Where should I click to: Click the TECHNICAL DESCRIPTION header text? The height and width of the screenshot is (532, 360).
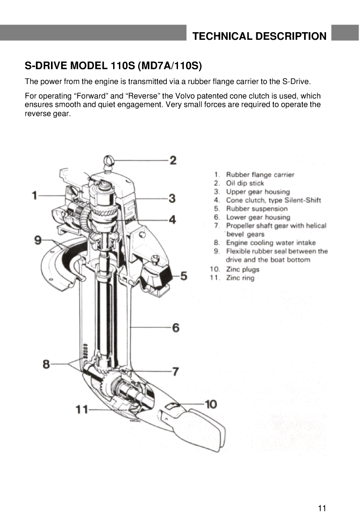(x=259, y=36)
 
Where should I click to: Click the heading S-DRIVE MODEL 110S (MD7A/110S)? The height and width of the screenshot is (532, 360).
(x=114, y=67)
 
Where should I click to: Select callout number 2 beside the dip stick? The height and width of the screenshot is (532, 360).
(x=173, y=160)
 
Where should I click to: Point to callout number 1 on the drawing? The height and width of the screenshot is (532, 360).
(x=35, y=195)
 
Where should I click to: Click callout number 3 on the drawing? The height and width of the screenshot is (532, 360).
(x=172, y=198)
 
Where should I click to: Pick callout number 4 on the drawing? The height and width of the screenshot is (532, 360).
(x=172, y=220)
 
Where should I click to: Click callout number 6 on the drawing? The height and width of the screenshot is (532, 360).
(x=175, y=328)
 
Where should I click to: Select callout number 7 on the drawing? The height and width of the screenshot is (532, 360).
(x=175, y=371)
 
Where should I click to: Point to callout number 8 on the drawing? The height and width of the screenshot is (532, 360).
(x=46, y=364)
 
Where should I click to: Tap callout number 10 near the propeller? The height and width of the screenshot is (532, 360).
(x=210, y=404)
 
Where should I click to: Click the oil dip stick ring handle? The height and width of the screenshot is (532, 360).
(x=109, y=160)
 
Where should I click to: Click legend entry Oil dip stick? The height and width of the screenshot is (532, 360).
(x=245, y=183)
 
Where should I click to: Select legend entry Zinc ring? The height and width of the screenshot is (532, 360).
(x=240, y=278)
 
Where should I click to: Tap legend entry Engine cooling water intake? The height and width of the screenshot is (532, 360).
(x=271, y=243)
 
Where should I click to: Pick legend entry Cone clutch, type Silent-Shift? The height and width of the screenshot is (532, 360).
(x=273, y=200)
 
